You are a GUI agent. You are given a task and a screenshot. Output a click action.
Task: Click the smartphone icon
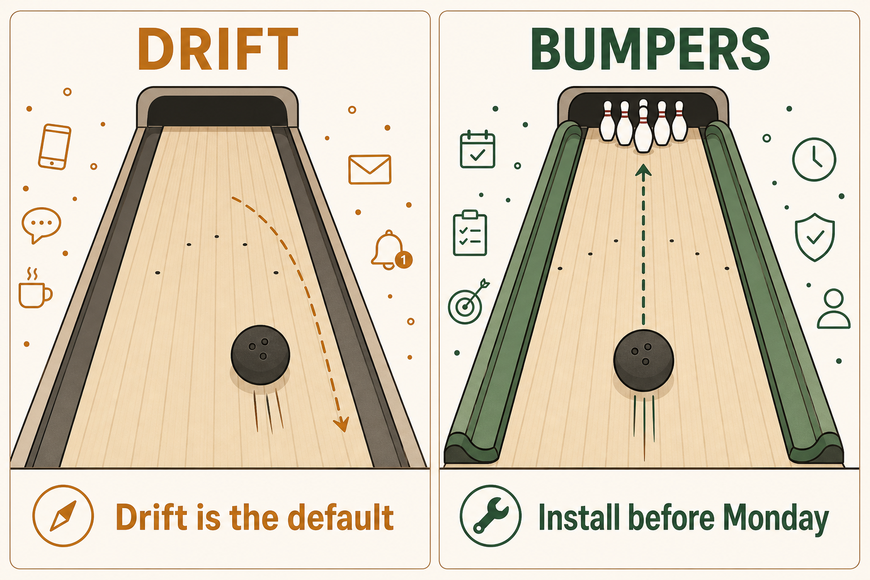55,147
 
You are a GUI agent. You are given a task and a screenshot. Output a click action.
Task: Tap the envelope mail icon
369,169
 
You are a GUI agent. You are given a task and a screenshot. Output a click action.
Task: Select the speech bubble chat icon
41,225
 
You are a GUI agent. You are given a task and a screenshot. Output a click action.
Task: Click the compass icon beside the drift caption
63,516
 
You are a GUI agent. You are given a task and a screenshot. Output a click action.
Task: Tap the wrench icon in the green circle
491,516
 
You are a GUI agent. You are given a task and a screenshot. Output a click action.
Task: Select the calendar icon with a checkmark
477,149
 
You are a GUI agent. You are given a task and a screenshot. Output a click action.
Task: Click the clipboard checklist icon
470,233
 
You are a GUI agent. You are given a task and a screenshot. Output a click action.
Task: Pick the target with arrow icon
468,302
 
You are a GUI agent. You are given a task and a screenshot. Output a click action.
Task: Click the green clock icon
814,159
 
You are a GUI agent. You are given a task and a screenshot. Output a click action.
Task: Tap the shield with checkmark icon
814,237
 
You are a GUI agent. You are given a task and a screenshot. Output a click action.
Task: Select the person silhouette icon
834,309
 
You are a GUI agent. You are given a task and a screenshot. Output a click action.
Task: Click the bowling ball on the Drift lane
260,355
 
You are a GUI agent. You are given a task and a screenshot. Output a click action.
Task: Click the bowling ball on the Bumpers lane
643,360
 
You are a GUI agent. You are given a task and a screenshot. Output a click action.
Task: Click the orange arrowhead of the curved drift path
342,424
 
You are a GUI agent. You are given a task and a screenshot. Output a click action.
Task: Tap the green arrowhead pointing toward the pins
643,171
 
